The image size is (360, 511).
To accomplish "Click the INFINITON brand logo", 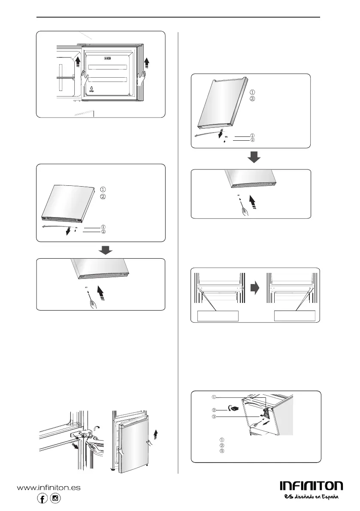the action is [x=312, y=486].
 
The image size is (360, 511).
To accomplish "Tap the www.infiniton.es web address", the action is [x=49, y=488].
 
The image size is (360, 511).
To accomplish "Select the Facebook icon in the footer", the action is [x=43, y=499].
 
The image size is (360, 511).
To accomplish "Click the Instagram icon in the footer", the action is [x=55, y=499].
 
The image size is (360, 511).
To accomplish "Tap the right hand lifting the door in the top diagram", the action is [x=140, y=79].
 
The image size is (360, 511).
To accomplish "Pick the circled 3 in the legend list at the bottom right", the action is [x=222, y=451].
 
